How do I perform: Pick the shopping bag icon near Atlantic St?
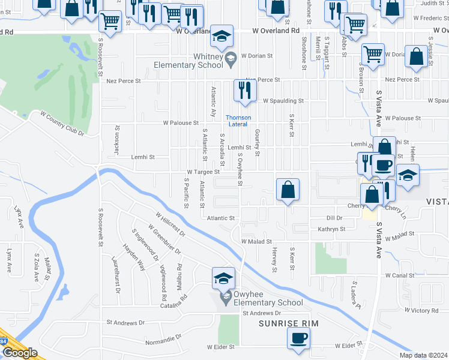[288, 190]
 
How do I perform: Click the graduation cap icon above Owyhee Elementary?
[223, 278]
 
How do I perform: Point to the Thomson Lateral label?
[238, 121]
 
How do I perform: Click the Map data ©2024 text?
[423, 355]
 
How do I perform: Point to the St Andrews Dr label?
[261, 313]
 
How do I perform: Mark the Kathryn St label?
[332, 229]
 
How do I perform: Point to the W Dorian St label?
[258, 56]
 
